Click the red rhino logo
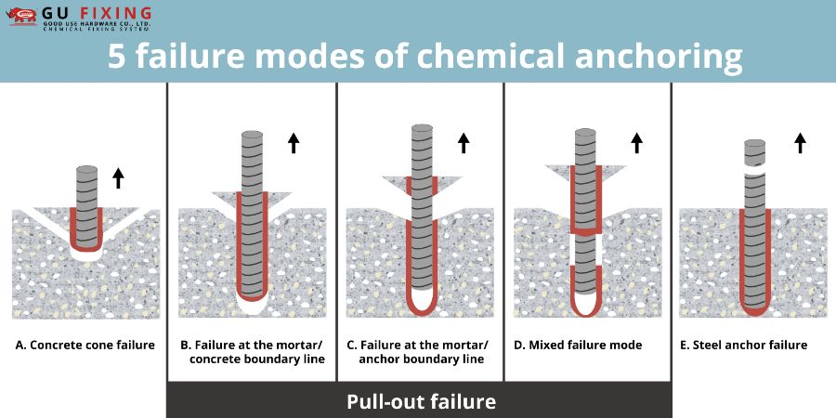21,16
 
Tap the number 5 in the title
116,56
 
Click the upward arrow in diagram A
118,178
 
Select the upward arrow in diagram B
294,143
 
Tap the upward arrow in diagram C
464,143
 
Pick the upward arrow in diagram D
636,143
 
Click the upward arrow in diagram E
800,143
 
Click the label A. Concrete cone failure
85,345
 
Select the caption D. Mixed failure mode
578,345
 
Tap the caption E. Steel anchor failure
743,345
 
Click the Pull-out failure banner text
421,401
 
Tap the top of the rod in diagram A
87,169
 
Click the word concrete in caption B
222,359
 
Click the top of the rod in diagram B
252,135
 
